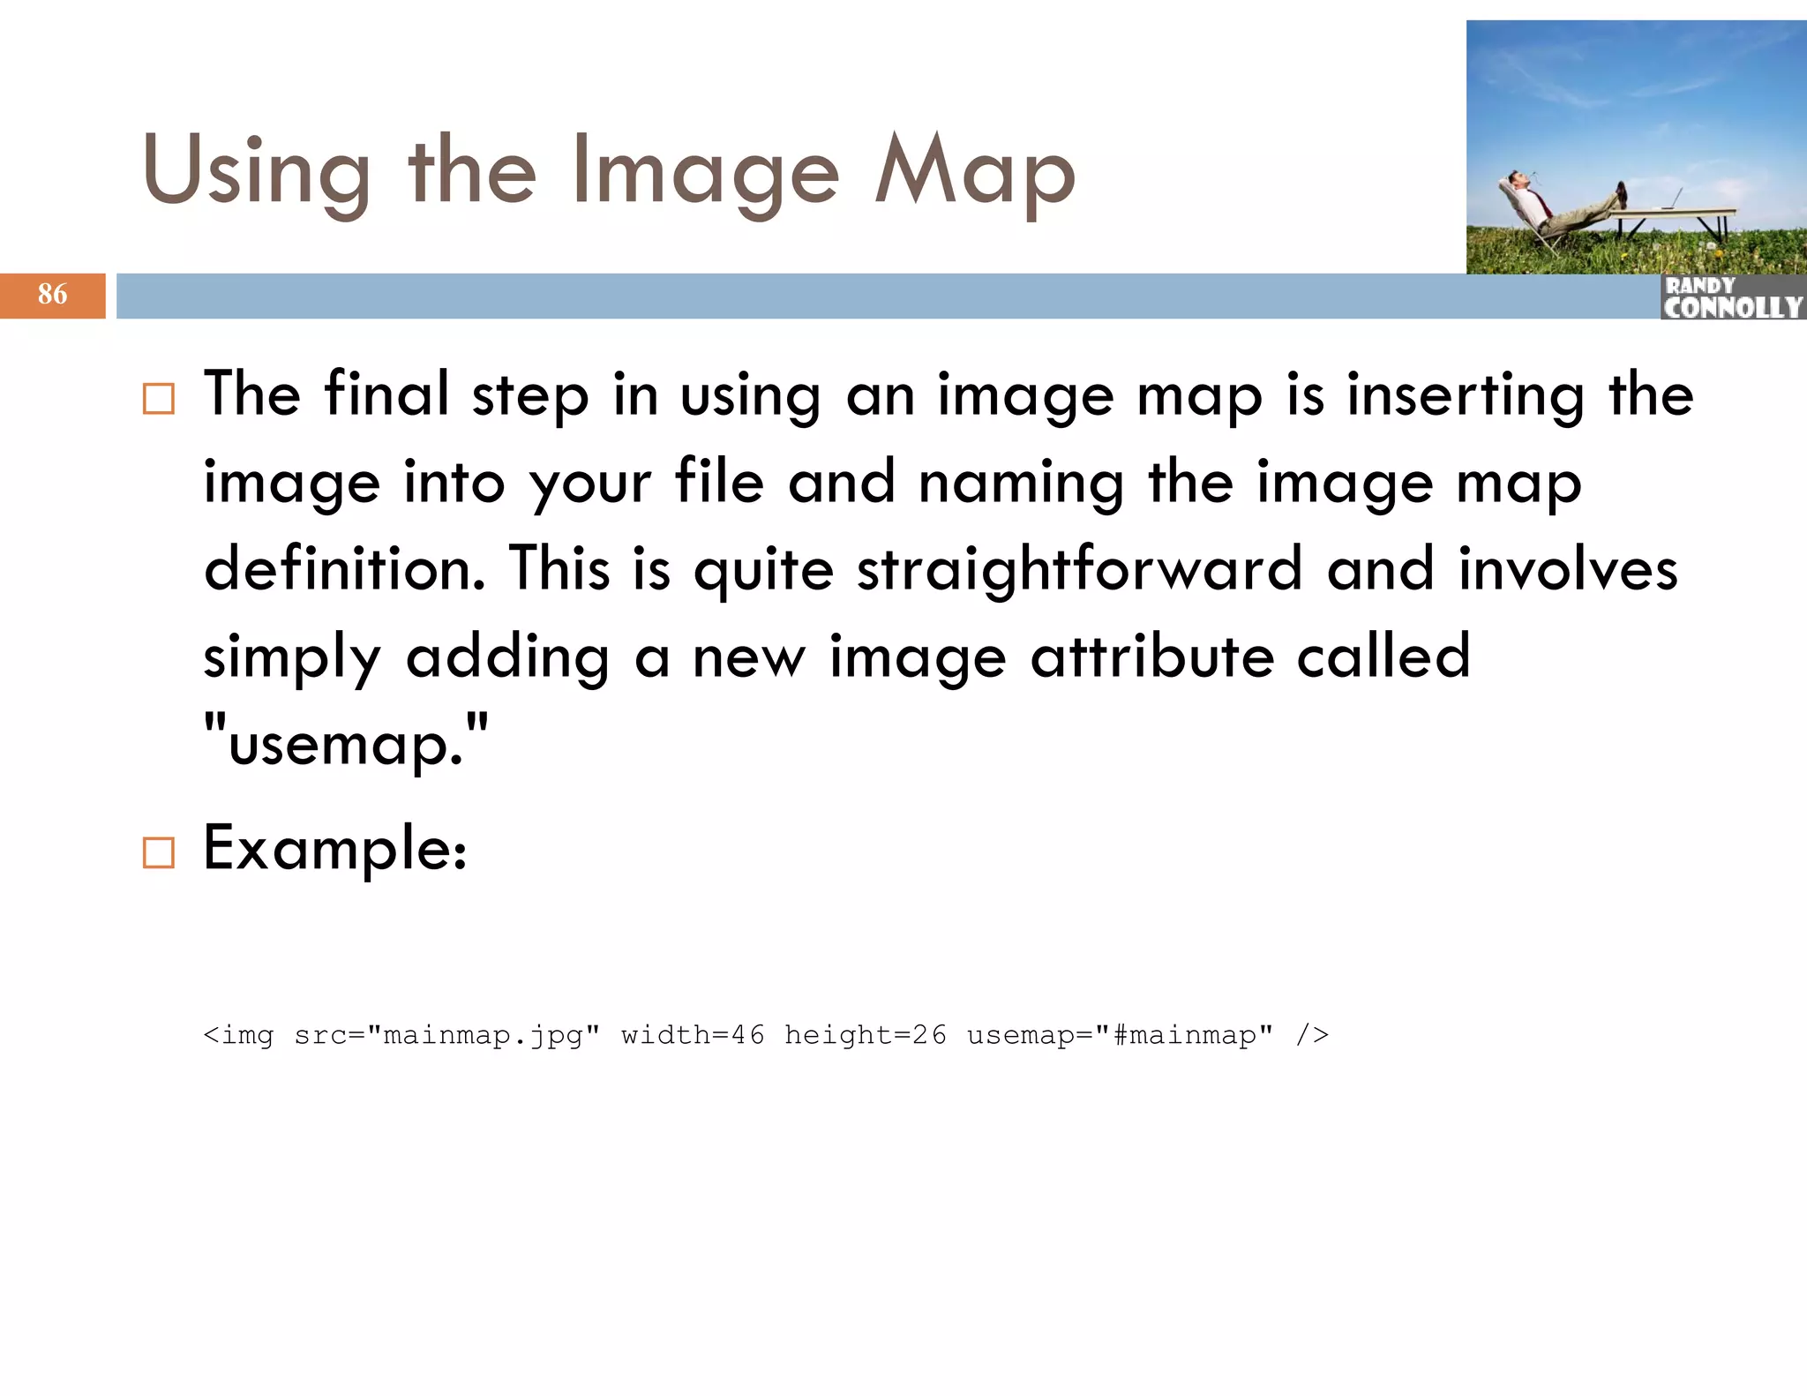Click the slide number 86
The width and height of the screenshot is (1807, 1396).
point(53,294)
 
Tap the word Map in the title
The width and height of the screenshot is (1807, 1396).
point(975,174)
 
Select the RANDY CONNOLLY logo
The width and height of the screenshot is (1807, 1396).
point(1732,297)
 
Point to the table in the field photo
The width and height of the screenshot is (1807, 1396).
point(1676,216)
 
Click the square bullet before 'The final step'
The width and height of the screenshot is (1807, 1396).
point(159,399)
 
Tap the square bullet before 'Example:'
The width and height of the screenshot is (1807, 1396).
point(159,852)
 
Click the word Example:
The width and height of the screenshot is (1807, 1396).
point(335,849)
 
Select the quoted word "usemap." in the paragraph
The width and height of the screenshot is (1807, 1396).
point(346,744)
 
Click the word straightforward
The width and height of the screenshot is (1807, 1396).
point(1079,569)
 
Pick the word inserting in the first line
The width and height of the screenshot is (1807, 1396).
point(1465,396)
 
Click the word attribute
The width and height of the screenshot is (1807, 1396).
point(1152,657)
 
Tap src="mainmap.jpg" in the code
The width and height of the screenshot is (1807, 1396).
point(447,1035)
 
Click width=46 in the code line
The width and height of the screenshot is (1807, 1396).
point(693,1035)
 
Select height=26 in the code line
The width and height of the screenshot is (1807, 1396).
point(865,1035)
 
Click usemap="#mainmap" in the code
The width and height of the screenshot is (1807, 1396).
point(1120,1035)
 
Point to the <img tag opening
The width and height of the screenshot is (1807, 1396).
point(238,1035)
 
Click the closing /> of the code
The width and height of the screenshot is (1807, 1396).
point(1312,1035)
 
